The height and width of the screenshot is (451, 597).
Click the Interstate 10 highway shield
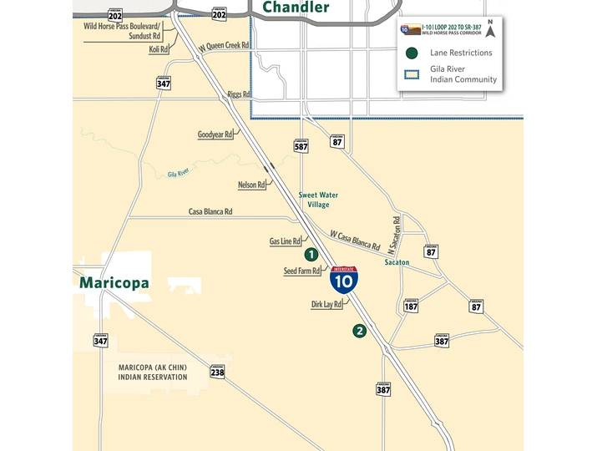point(344,279)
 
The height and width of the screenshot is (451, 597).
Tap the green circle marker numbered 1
point(311,255)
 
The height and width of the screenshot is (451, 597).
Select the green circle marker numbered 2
point(360,331)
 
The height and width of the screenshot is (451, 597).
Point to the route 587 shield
point(301,144)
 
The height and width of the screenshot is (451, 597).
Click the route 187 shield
point(411,306)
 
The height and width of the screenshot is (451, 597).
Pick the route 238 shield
point(217,371)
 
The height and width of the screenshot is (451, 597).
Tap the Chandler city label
point(296,8)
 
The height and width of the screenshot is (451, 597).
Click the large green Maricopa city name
point(114,283)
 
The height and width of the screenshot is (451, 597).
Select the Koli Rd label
point(159,50)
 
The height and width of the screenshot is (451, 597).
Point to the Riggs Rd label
point(239,94)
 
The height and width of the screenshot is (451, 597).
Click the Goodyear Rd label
point(215,134)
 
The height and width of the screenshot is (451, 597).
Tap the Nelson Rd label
point(250,185)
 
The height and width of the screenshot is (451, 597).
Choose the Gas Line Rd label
point(285,241)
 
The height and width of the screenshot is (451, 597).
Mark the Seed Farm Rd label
point(301,271)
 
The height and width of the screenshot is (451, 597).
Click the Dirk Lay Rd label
point(326,305)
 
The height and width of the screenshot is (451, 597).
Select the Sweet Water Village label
point(313,200)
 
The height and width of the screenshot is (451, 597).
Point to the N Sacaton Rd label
point(397,235)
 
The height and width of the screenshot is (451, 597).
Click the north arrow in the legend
point(491,31)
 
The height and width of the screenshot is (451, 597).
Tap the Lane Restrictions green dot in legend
point(411,53)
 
